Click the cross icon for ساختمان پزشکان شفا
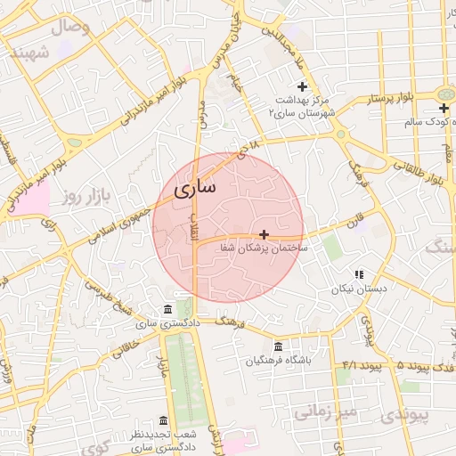coord(264,233)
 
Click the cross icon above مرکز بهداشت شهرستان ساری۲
coord(302,86)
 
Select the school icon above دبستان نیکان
coord(359,275)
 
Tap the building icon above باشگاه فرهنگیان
coord(278,346)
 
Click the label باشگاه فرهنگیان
coord(278,361)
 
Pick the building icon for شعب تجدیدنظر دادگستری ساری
coord(163,420)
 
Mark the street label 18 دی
coord(247,148)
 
